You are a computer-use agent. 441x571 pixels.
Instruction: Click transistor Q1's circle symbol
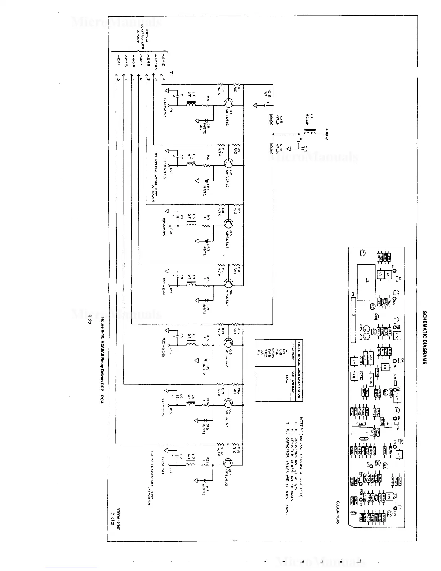click(x=228, y=102)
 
